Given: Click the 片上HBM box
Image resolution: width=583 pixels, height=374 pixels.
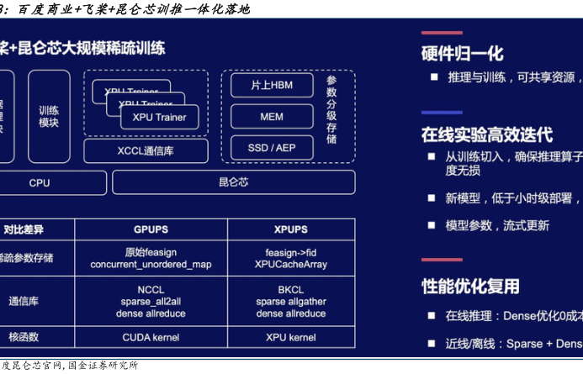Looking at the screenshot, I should (x=272, y=86).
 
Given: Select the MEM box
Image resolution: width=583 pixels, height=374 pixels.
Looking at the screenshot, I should (x=272, y=117).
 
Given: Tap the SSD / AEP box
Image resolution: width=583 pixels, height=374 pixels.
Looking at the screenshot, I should (x=272, y=148).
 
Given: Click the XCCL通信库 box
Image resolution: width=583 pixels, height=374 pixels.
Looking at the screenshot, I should (x=146, y=151).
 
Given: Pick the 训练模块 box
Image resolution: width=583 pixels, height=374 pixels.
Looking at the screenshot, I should (x=49, y=116).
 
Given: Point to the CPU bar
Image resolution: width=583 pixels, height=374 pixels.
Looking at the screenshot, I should (x=40, y=182).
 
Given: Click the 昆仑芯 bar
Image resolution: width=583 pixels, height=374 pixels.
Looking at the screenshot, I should (x=233, y=182).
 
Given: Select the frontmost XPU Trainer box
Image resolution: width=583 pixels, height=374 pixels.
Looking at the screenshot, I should (x=159, y=118).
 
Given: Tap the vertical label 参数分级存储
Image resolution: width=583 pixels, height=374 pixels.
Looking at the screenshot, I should (x=331, y=109).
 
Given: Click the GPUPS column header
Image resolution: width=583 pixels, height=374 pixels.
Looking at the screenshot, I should (x=151, y=229).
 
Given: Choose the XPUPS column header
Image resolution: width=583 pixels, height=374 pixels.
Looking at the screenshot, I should (x=291, y=229).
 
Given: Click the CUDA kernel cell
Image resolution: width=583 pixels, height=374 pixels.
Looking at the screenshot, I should (x=151, y=337).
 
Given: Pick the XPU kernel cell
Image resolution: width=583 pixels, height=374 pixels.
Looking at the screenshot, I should (x=291, y=337).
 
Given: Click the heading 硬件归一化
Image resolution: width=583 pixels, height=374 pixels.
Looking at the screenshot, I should (x=462, y=54).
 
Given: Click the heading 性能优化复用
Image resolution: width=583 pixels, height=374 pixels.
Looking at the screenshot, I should (x=470, y=287).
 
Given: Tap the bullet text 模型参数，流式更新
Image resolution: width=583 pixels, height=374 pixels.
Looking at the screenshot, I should (x=496, y=225).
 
